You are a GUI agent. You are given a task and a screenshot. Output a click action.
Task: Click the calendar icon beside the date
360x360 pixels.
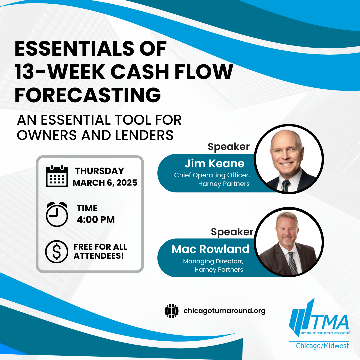pos(57,176)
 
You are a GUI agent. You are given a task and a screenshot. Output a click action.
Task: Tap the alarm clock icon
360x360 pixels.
pos(57,214)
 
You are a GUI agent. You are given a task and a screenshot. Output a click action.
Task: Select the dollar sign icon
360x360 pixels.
pos(57,252)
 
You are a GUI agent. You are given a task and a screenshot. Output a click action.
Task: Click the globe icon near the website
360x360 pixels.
pos(172,311)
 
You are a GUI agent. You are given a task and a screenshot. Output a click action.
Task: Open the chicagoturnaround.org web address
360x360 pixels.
pos(224,311)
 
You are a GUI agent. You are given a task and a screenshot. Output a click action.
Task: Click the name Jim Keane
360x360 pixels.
pos(214,163)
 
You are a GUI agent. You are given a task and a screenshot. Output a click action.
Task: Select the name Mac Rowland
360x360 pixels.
pos(210,249)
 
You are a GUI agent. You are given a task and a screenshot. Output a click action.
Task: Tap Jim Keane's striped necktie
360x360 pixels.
pos(286,186)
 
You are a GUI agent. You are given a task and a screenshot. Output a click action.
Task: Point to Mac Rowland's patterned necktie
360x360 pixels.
pos(292,263)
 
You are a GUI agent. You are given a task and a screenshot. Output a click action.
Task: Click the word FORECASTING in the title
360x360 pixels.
pos(88,95)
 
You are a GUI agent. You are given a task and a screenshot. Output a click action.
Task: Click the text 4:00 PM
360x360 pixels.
pos(96,220)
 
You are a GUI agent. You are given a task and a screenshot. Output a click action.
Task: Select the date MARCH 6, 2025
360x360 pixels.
pos(105,183)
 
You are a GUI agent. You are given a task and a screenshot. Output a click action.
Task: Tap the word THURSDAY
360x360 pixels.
pos(99,171)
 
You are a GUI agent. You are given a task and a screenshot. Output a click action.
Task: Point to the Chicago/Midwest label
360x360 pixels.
pos(322,346)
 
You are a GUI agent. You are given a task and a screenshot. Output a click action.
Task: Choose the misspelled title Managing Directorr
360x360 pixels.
pos(213,261)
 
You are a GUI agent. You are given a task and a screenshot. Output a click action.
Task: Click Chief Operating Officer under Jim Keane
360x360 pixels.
pos(212,175)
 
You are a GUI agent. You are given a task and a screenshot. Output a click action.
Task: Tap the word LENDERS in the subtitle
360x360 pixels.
pos(144,135)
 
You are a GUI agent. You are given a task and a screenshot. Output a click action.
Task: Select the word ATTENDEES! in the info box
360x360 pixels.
pos(99,256)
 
